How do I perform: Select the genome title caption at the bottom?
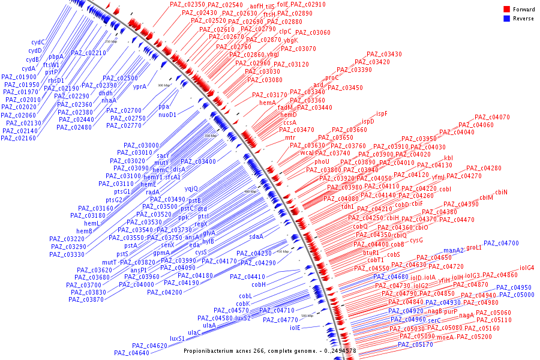click(x=270, y=350)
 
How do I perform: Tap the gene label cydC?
click(x=38, y=42)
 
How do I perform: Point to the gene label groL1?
click(x=474, y=247)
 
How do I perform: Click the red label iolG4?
click(x=527, y=268)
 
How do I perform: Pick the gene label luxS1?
click(x=177, y=338)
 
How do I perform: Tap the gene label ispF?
click(x=382, y=113)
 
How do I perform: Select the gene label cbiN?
click(x=501, y=192)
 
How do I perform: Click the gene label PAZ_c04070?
click(x=492, y=117)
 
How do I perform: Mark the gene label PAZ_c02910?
click(x=310, y=4)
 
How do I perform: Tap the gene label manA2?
click(x=454, y=250)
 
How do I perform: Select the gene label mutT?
click(x=109, y=262)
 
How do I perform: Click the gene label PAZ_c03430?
click(x=384, y=54)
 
